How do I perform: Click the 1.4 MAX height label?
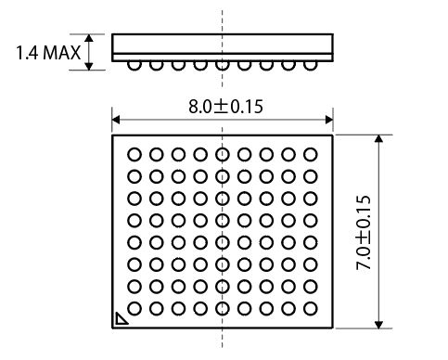[x=48, y=53]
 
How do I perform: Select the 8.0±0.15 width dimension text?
[x=225, y=107]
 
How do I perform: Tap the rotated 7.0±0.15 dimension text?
[x=364, y=233]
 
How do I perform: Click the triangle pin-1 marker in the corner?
[x=121, y=319]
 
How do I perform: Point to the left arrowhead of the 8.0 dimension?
[x=116, y=120]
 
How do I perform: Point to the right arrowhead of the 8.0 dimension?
[x=329, y=120]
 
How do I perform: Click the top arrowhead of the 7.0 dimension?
[x=378, y=138]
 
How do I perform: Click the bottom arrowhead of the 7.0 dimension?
[x=378, y=325]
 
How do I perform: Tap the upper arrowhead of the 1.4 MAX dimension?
[x=89, y=38]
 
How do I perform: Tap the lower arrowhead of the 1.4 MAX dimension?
[x=89, y=66]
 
